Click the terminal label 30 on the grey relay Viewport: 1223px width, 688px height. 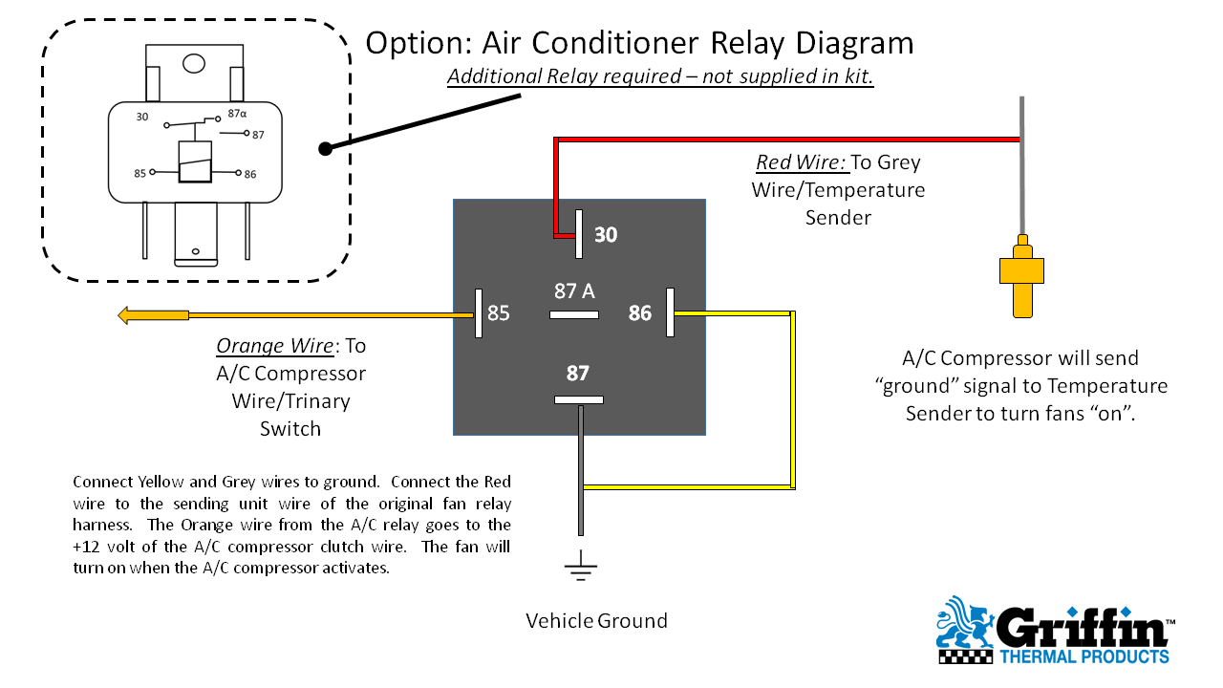coord(606,234)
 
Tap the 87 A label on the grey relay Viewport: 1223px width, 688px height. coord(574,290)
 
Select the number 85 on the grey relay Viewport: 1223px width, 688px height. coord(499,312)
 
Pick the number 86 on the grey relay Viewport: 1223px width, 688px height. coord(639,312)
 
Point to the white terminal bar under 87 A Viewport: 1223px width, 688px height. coord(574,314)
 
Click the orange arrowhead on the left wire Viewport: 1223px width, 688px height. coord(126,315)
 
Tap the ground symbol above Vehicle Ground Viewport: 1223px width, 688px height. coord(580,570)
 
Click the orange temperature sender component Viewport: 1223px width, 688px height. coord(1022,277)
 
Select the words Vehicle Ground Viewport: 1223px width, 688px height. coord(596,621)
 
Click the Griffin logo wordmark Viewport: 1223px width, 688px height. coord(1083,629)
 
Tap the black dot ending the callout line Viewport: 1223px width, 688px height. coord(325,148)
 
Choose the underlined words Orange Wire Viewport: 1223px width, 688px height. coord(275,345)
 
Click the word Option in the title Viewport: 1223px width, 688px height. coord(414,43)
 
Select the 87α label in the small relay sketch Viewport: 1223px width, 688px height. coord(237,114)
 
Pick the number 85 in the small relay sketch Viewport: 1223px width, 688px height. coord(140,173)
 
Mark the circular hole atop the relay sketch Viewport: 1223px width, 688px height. coord(194,64)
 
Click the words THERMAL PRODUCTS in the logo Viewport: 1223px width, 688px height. coord(1084,656)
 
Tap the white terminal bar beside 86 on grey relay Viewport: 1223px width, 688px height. coord(671,312)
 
